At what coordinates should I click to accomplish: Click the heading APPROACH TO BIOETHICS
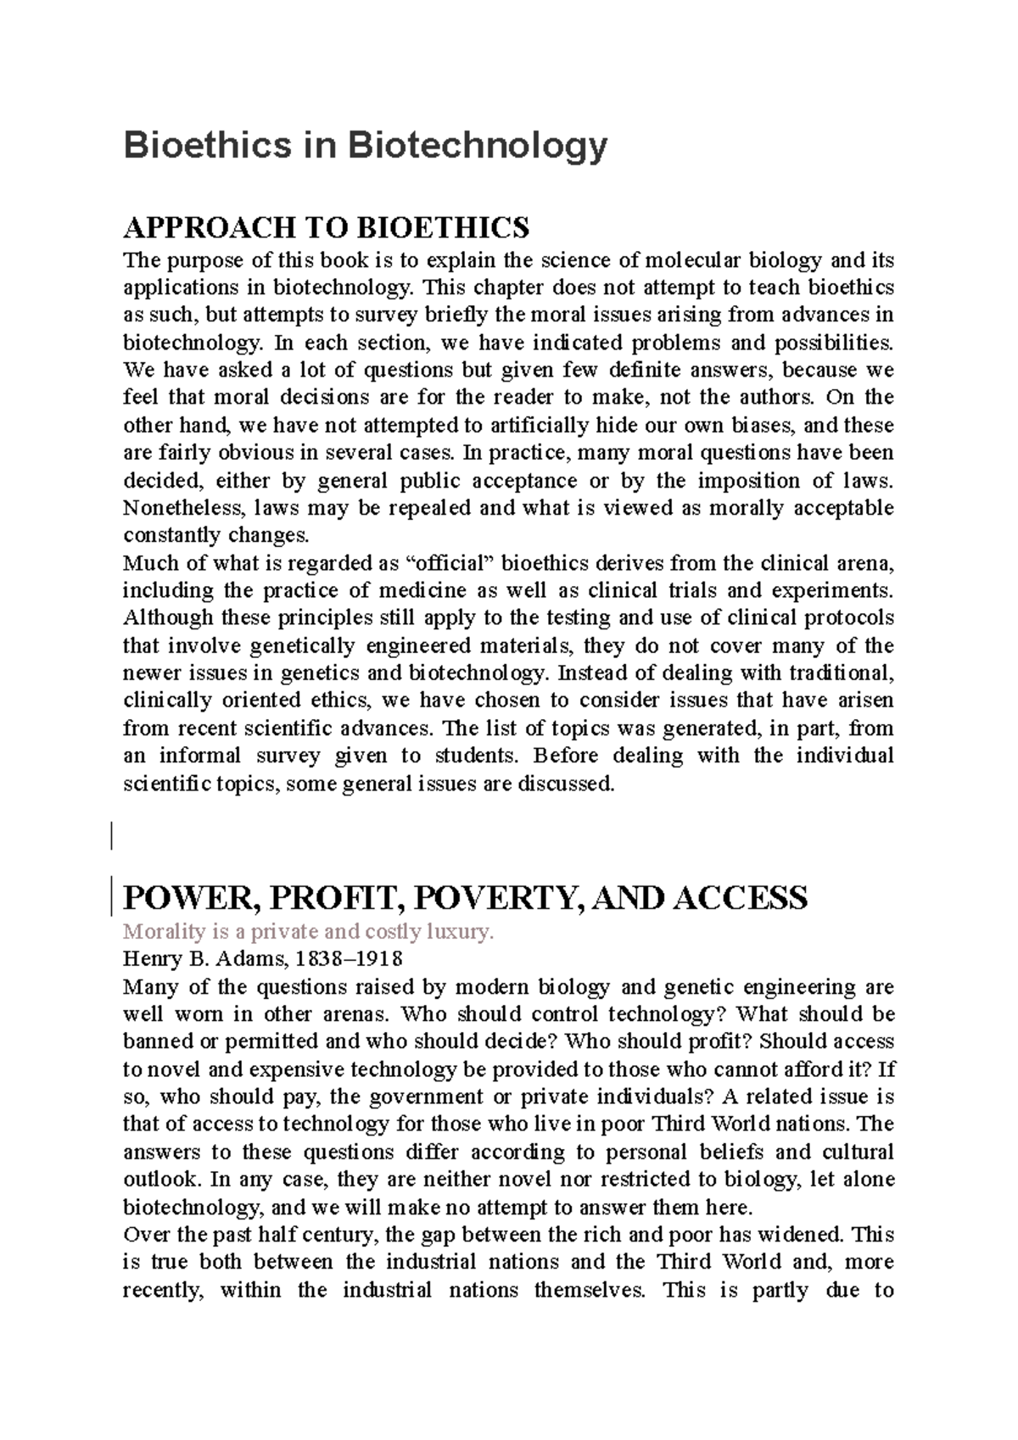coord(326,227)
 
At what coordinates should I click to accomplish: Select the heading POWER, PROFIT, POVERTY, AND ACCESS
coord(465,897)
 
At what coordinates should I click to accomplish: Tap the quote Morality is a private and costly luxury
coord(307,932)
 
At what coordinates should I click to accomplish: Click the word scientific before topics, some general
coord(168,783)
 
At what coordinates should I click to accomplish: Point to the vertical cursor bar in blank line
coord(111,831)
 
